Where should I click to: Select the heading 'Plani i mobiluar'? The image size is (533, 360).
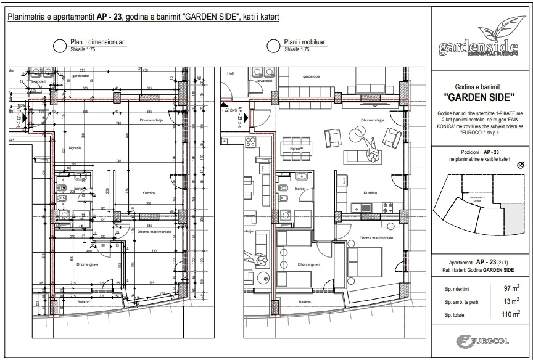(305, 42)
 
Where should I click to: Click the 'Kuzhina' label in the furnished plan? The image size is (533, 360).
(371, 192)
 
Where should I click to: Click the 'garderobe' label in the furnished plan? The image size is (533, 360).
(310, 76)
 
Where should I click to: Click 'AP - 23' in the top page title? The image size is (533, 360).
(101, 17)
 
